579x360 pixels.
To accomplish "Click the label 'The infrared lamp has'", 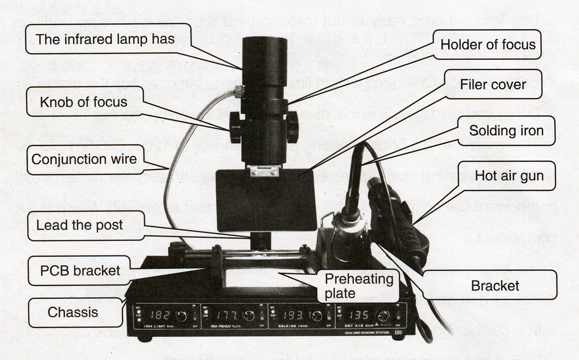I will (105, 39).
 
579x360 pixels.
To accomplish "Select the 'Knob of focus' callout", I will (84, 102).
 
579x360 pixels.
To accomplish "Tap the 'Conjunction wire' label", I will (84, 159).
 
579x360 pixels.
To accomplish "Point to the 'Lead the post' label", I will (80, 225).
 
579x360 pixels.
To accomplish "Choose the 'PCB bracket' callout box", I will (80, 271).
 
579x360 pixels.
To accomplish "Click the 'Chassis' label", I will (73, 312).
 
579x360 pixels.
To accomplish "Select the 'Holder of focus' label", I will (488, 45).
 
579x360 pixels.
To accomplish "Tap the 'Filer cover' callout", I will (493, 85).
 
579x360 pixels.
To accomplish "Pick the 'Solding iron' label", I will (506, 131).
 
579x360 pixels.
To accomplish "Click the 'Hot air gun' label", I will (509, 176).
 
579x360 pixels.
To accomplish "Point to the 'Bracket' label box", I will (495, 286).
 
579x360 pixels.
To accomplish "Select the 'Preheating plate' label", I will (358, 286).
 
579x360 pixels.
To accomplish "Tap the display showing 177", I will (227, 315).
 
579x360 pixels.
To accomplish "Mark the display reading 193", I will (293, 315).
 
